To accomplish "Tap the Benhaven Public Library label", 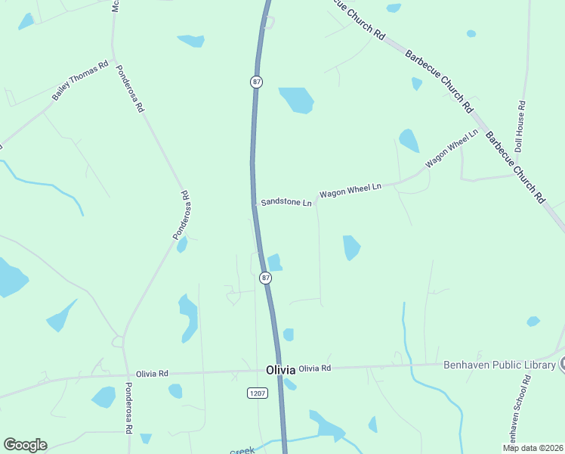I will point(499,365).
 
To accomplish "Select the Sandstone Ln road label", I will point(286,203).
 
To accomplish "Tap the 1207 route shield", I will point(258,392).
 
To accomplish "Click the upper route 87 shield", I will point(257,82).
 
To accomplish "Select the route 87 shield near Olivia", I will point(265,278).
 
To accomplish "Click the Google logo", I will point(25,445).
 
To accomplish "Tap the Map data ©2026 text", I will point(533,447).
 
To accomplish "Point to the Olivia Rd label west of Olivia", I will point(152,374).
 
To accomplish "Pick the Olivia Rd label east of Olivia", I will point(315,368).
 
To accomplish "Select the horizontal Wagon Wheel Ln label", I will point(350,190).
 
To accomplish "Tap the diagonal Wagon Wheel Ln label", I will point(452,149).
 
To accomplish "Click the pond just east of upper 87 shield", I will point(297,99).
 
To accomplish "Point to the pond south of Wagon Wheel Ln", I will point(351,247).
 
